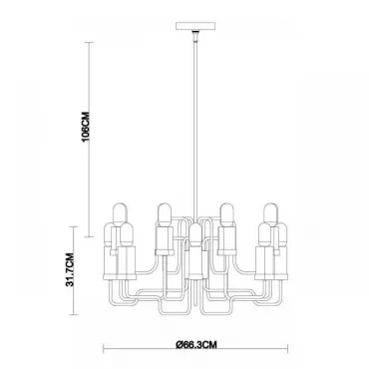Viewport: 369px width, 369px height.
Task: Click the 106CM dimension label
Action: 86,126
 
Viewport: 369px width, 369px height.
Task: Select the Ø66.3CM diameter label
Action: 196,345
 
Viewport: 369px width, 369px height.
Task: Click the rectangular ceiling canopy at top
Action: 195,26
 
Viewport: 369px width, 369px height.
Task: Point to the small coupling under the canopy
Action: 195,36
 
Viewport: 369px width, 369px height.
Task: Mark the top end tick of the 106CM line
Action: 89,42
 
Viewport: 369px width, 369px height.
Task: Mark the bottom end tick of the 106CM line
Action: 89,237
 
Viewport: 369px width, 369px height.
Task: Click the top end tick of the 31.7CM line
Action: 73,226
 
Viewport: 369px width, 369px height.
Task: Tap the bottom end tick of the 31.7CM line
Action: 73,315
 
